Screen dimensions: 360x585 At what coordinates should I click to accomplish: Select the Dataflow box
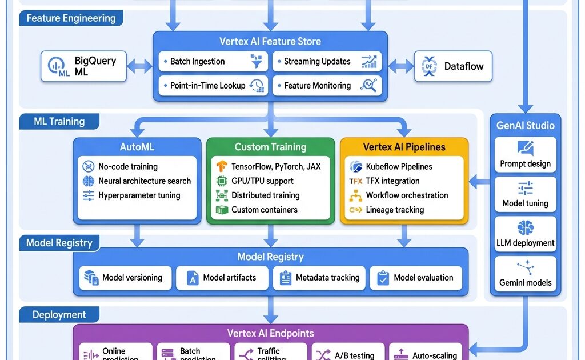452,66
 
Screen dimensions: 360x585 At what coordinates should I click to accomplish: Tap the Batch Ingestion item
211,62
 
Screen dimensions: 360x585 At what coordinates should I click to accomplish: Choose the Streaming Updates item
326,62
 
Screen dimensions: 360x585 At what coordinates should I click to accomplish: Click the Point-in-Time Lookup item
211,86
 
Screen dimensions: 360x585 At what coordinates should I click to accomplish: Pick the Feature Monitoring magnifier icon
368,86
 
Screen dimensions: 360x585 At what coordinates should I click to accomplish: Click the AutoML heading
137,147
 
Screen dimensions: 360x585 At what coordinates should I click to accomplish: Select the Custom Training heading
270,147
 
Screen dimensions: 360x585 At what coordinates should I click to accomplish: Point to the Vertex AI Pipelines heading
404,147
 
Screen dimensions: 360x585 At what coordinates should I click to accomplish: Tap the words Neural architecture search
145,181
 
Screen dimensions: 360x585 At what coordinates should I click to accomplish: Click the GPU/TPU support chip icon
222,181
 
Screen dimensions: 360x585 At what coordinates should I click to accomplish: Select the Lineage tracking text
395,210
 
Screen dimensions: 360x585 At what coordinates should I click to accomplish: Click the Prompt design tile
525,155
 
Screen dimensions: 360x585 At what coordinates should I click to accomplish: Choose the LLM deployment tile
525,234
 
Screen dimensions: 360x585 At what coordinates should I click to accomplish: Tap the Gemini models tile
525,274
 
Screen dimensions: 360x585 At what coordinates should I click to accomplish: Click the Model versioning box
124,278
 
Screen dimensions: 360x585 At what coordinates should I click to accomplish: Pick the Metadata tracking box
319,278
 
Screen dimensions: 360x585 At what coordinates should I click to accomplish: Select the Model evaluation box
416,278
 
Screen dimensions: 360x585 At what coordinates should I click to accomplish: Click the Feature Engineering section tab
71,18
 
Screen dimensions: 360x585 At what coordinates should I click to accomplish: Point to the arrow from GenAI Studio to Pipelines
480,182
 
